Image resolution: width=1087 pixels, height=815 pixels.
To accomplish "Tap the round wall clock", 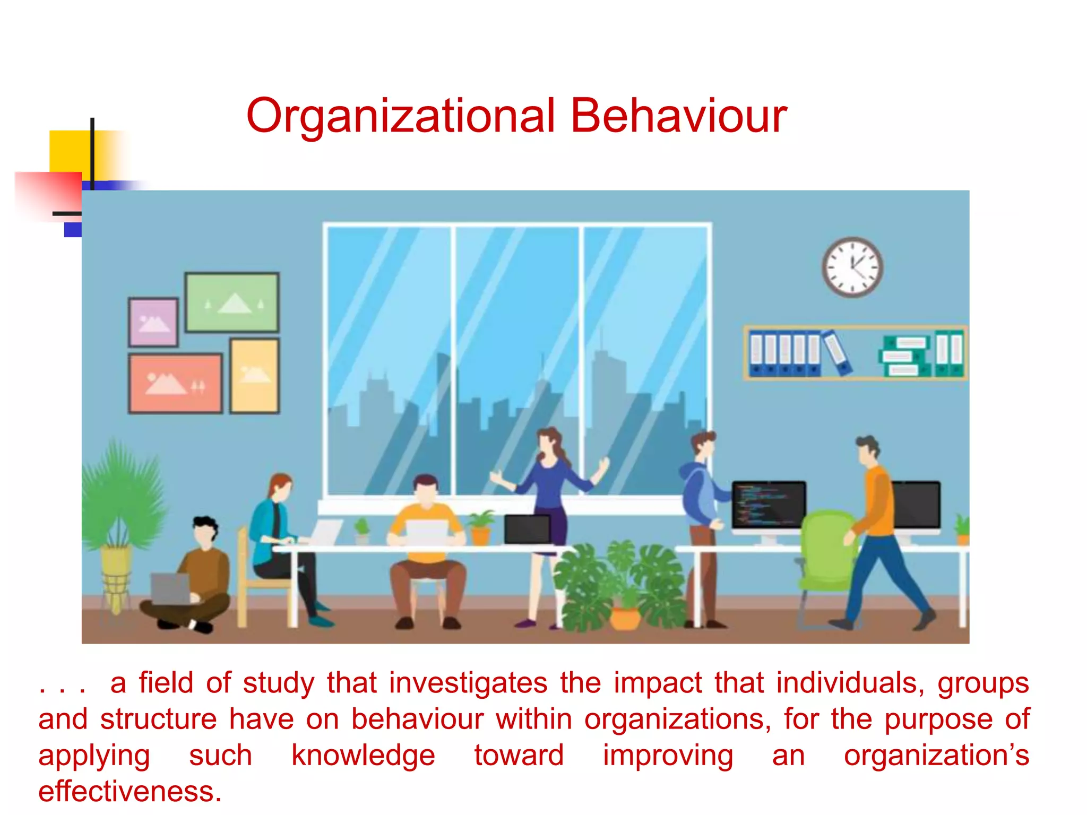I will [852, 267].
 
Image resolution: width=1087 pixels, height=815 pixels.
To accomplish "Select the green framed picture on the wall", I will [232, 302].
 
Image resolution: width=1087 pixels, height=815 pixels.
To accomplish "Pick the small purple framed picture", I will [153, 322].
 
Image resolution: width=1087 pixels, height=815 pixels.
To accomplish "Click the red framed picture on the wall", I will [175, 383].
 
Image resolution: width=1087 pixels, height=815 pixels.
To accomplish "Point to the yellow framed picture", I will [254, 376].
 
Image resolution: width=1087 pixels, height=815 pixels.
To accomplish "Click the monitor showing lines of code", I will [768, 504].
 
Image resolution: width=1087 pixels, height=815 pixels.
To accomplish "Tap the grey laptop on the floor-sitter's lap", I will [170, 588].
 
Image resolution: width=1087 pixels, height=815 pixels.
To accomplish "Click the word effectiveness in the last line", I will [130, 792].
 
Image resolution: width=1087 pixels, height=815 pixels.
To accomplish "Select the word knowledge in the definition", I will [363, 756].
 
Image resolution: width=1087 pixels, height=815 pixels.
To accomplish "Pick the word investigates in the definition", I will [468, 683].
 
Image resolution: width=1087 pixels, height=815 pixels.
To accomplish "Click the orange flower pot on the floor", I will [625, 618].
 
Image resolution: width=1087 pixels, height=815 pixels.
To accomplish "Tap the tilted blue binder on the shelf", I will [837, 353].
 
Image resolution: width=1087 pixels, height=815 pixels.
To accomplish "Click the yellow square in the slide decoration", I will [69, 151].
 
